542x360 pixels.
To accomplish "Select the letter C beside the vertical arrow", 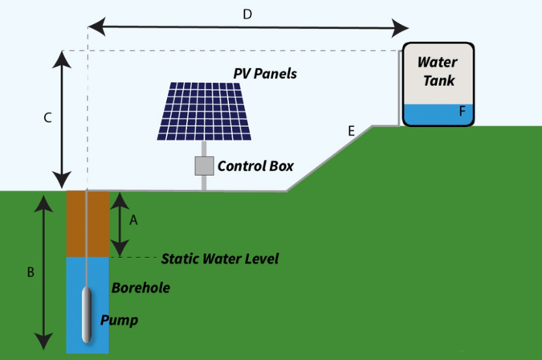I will click(x=47, y=118).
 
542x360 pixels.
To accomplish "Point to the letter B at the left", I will click(x=31, y=272).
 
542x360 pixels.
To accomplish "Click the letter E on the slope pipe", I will click(x=350, y=129).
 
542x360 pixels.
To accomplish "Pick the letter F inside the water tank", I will click(x=463, y=112).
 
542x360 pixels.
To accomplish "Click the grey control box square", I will click(x=204, y=166).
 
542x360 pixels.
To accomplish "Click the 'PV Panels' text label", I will click(x=265, y=74).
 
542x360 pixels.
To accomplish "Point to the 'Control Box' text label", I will click(x=255, y=167).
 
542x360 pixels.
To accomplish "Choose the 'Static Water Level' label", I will click(x=219, y=259).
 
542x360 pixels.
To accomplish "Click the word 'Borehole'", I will click(x=141, y=288).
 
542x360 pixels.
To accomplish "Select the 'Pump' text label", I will click(x=119, y=321).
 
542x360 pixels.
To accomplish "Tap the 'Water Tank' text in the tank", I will click(x=438, y=72).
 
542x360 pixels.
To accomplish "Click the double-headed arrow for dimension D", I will click(x=247, y=29).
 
